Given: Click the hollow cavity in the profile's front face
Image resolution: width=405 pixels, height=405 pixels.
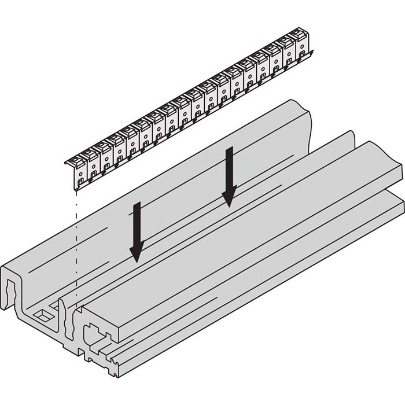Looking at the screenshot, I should tap(93, 335).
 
